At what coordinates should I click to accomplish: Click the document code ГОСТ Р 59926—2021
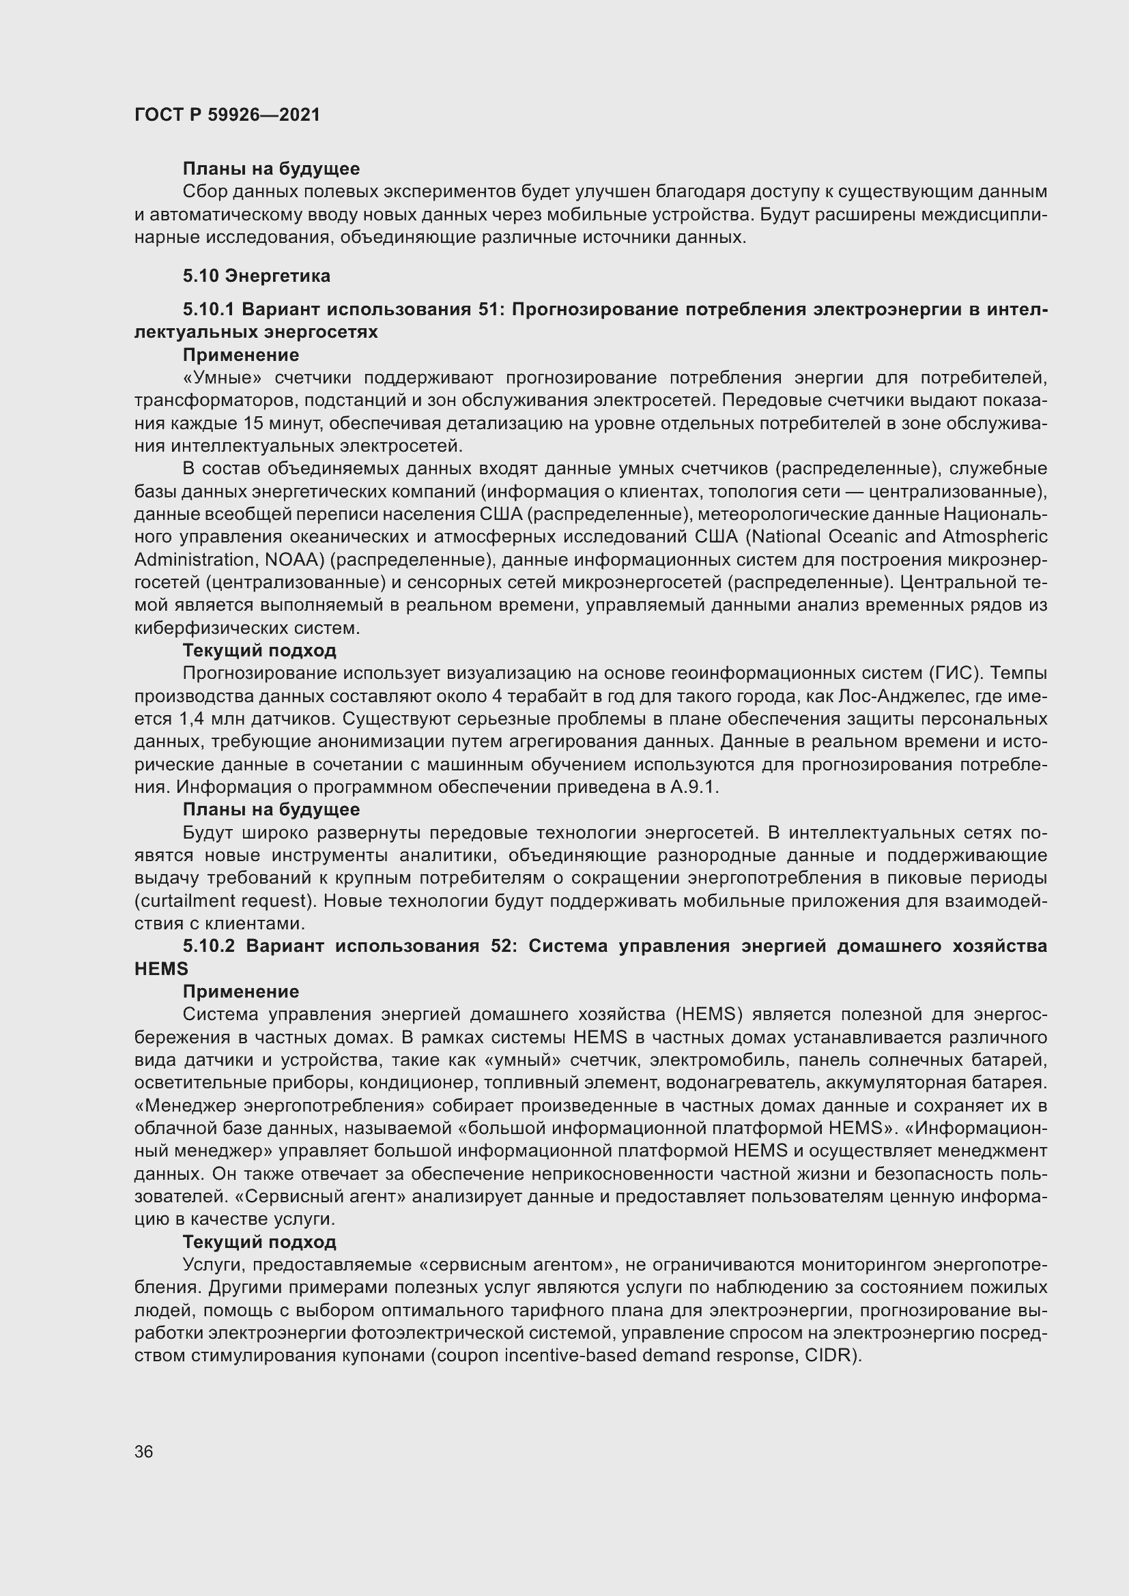(x=227, y=115)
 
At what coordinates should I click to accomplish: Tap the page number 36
(x=144, y=1451)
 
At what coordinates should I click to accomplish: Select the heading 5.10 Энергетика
(x=257, y=276)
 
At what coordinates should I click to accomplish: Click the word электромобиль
(x=719, y=1060)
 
